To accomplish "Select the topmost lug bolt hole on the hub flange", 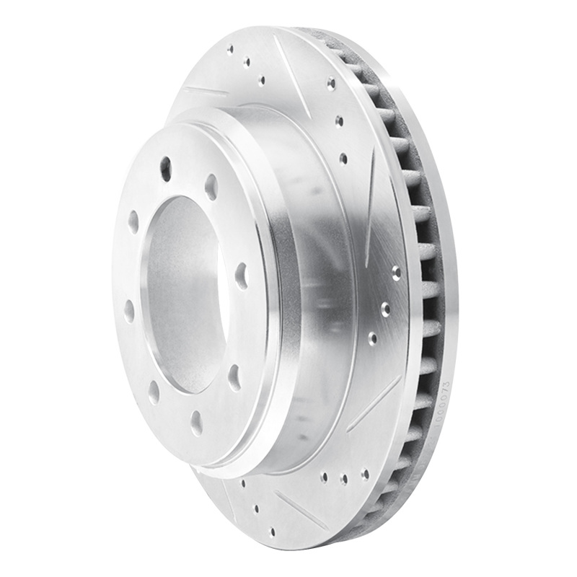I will pos(165,167).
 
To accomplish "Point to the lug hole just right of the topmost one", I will pos(211,186).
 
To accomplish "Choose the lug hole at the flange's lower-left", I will pos(154,392).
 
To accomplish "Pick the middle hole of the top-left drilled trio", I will pos(246,63).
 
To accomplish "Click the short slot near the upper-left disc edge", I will pos(205,92).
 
